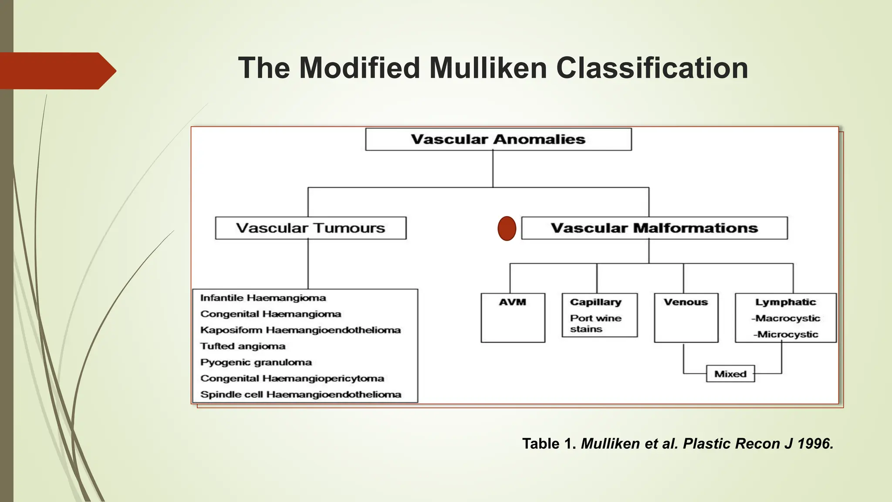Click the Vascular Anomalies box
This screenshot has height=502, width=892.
pos(498,139)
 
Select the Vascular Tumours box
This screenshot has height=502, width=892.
pos(311,228)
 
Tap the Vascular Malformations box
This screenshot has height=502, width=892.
pos(654,228)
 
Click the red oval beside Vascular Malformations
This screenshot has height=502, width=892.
pos(507,228)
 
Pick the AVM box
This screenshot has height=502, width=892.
pos(513,318)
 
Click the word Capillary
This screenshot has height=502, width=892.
pos(595,302)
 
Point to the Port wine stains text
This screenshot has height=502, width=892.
pos(595,323)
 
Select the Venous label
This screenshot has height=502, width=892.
pos(686,302)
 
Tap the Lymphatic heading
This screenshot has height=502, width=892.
pos(785,302)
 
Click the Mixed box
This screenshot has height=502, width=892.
pos(730,374)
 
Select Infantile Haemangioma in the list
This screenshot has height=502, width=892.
pos(263,298)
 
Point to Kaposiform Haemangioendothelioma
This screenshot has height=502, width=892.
pos(301,330)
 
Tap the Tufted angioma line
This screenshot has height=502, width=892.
pos(243,346)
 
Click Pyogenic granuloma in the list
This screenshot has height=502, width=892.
pos(256,363)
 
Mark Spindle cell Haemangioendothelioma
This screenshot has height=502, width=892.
pos(301,395)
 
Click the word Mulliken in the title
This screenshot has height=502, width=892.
pos(487,68)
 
